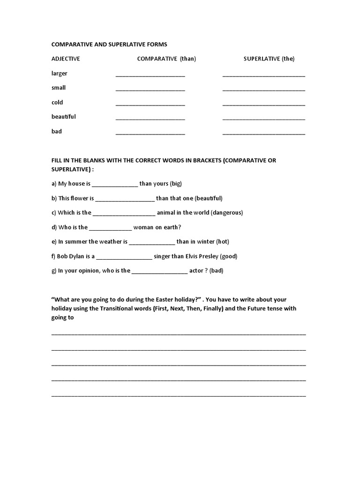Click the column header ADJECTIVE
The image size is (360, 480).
(66, 59)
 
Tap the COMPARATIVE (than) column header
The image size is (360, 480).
(166, 59)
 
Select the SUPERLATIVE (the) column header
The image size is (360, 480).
(269, 59)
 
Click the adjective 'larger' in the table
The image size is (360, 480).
(60, 74)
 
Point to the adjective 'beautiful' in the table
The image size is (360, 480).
(64, 117)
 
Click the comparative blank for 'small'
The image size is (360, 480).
(150, 89)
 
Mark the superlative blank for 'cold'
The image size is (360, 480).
(263, 104)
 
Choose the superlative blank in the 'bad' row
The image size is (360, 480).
(263, 133)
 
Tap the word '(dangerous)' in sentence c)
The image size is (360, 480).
(227, 213)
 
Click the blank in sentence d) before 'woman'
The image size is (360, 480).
(111, 228)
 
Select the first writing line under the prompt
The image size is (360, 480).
(178, 334)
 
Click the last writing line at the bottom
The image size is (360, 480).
(178, 396)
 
